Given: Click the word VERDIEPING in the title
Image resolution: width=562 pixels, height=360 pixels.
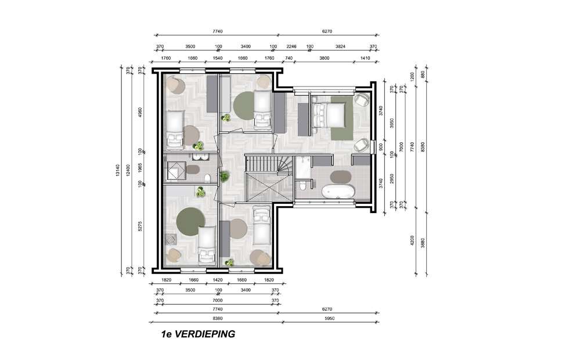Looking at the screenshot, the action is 204,334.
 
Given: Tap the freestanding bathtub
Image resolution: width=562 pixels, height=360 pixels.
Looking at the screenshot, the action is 338,192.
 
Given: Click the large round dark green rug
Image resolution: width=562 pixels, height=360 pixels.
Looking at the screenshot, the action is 190,222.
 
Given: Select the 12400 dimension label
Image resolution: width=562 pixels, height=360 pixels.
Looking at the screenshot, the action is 129,171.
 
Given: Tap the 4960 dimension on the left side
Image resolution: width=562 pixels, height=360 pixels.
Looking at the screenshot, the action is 140,113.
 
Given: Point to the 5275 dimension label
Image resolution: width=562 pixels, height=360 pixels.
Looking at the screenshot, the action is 140,226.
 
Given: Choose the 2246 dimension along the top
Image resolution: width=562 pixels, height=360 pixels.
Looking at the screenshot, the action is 291,46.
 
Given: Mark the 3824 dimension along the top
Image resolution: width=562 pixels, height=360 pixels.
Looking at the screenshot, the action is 340,46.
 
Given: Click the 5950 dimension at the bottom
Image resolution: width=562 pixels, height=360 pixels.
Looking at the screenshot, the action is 329,318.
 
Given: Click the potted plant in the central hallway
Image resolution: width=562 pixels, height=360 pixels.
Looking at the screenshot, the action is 224,176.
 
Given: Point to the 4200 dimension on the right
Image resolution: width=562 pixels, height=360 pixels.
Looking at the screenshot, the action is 412,240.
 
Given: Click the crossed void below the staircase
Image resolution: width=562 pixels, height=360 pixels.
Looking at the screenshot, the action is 269,187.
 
